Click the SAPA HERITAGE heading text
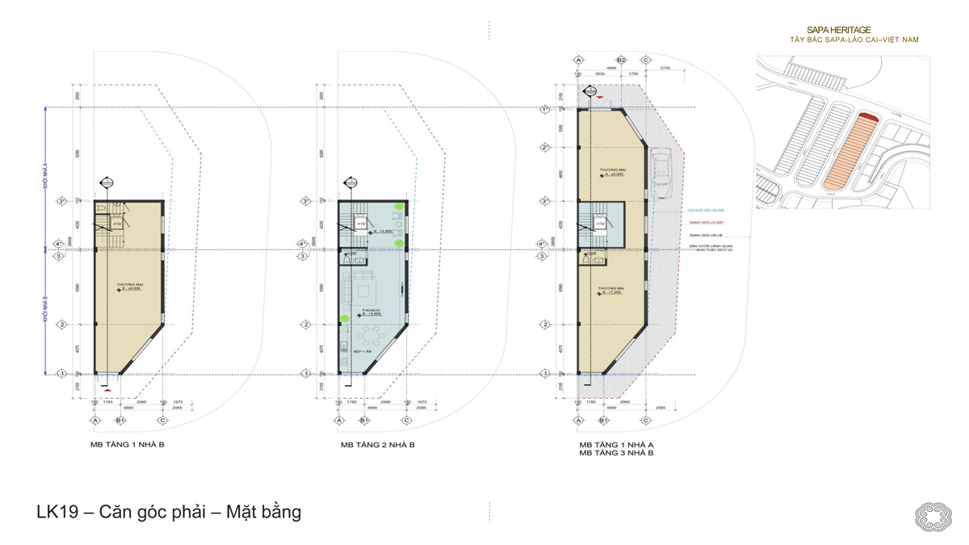tap(838, 30)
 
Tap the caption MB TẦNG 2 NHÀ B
tap(377, 445)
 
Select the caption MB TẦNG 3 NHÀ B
tap(616, 454)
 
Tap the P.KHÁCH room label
tap(371, 310)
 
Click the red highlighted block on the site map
tap(867, 118)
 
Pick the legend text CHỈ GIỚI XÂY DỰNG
tap(706, 211)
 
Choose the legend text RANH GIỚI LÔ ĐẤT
tap(705, 223)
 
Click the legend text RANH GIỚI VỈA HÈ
tap(703, 234)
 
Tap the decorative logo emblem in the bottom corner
tap(933, 517)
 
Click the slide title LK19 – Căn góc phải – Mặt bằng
tap(169, 512)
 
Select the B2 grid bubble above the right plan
tap(621, 61)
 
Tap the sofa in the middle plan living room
tap(361, 290)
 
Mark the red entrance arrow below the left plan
tap(107, 391)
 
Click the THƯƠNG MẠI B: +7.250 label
tap(610, 290)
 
